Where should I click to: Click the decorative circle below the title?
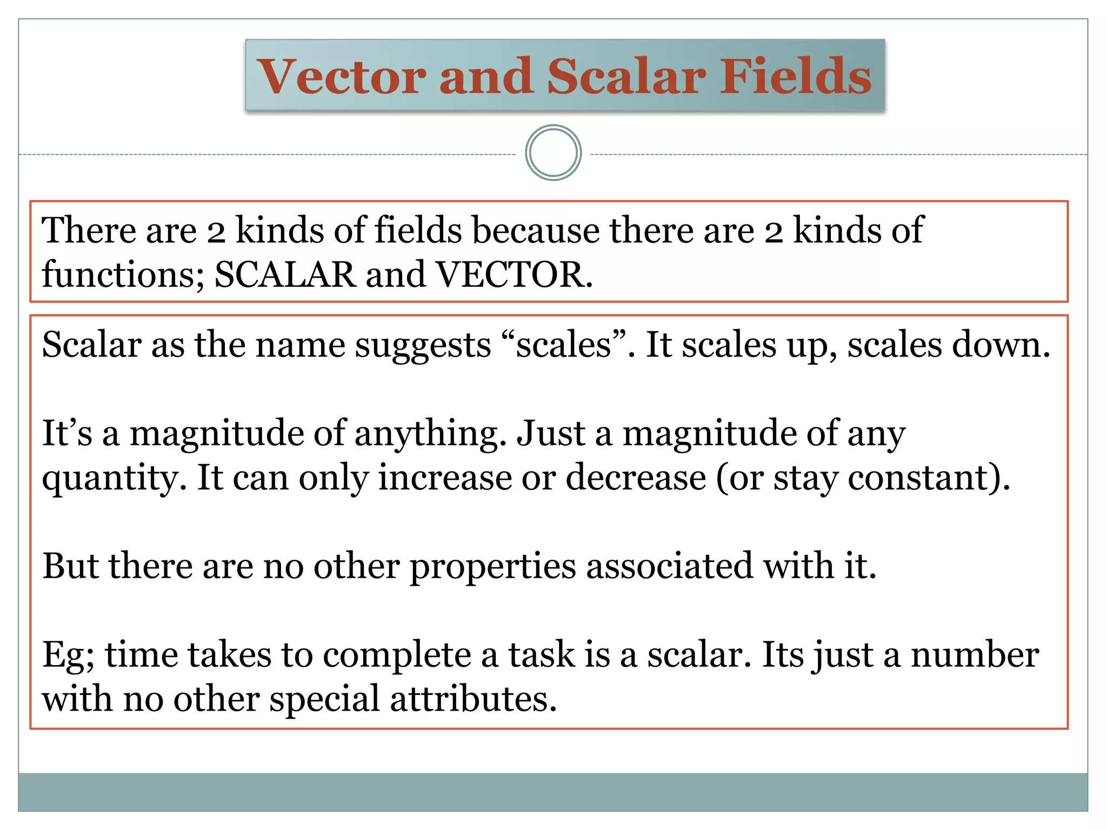(x=553, y=153)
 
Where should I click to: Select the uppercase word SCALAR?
(x=285, y=275)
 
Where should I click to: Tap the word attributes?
(x=473, y=699)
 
